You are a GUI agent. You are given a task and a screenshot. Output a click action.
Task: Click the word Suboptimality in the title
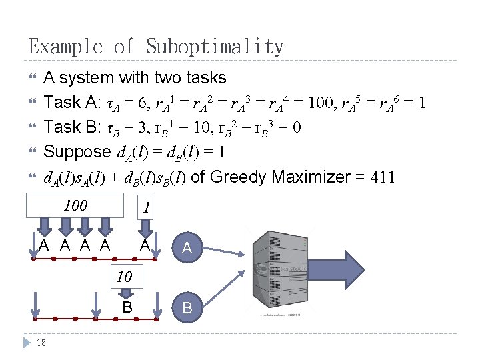[215, 47]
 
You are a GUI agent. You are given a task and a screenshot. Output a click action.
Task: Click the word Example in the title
[64, 47]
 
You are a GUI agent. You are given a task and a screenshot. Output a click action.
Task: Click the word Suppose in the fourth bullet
[77, 152]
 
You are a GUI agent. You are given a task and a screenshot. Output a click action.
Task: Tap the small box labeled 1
[147, 207]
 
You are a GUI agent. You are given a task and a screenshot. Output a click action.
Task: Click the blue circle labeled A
[187, 248]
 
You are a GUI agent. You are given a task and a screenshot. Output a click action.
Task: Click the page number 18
[41, 343]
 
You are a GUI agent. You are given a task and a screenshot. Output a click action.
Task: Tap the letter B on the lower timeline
[127, 308]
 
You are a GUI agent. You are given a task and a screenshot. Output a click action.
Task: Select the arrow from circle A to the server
[227, 253]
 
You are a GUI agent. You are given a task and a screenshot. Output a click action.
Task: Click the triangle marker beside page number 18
[25, 343]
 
